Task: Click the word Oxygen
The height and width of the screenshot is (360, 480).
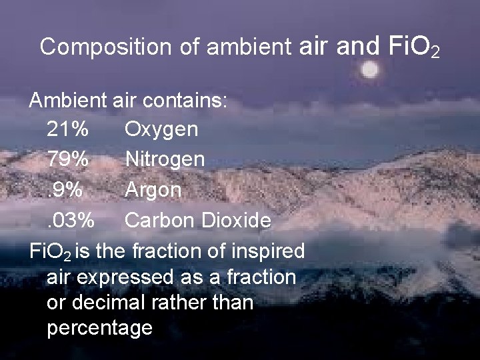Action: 161,129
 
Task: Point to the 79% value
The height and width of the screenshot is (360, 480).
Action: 67,159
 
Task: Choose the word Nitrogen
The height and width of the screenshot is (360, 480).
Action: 165,159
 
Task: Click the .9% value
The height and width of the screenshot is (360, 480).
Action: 65,189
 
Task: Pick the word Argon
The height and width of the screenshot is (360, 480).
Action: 153,191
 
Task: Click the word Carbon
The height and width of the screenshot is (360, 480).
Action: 157,220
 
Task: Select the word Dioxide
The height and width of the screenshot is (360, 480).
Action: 231,220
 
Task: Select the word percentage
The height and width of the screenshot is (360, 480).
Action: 100,328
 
